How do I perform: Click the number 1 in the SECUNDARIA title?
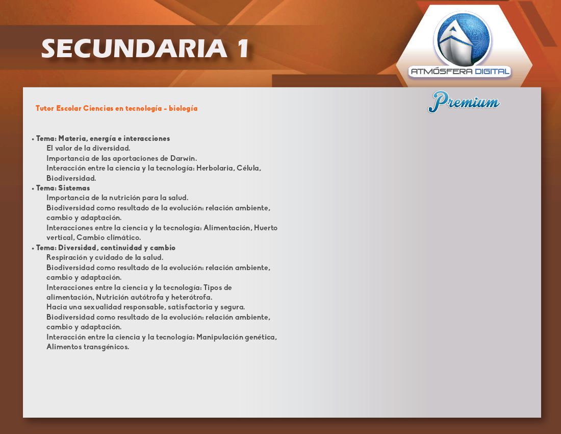point(243,49)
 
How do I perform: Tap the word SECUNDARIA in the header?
point(134,49)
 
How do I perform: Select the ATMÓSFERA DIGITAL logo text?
point(460,71)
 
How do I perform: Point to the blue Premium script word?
point(464,102)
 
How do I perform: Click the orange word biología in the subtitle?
point(183,108)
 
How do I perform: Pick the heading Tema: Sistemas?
point(63,188)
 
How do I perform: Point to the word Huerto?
point(266,228)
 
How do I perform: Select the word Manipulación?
point(214,337)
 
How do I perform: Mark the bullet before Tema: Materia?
point(33,139)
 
